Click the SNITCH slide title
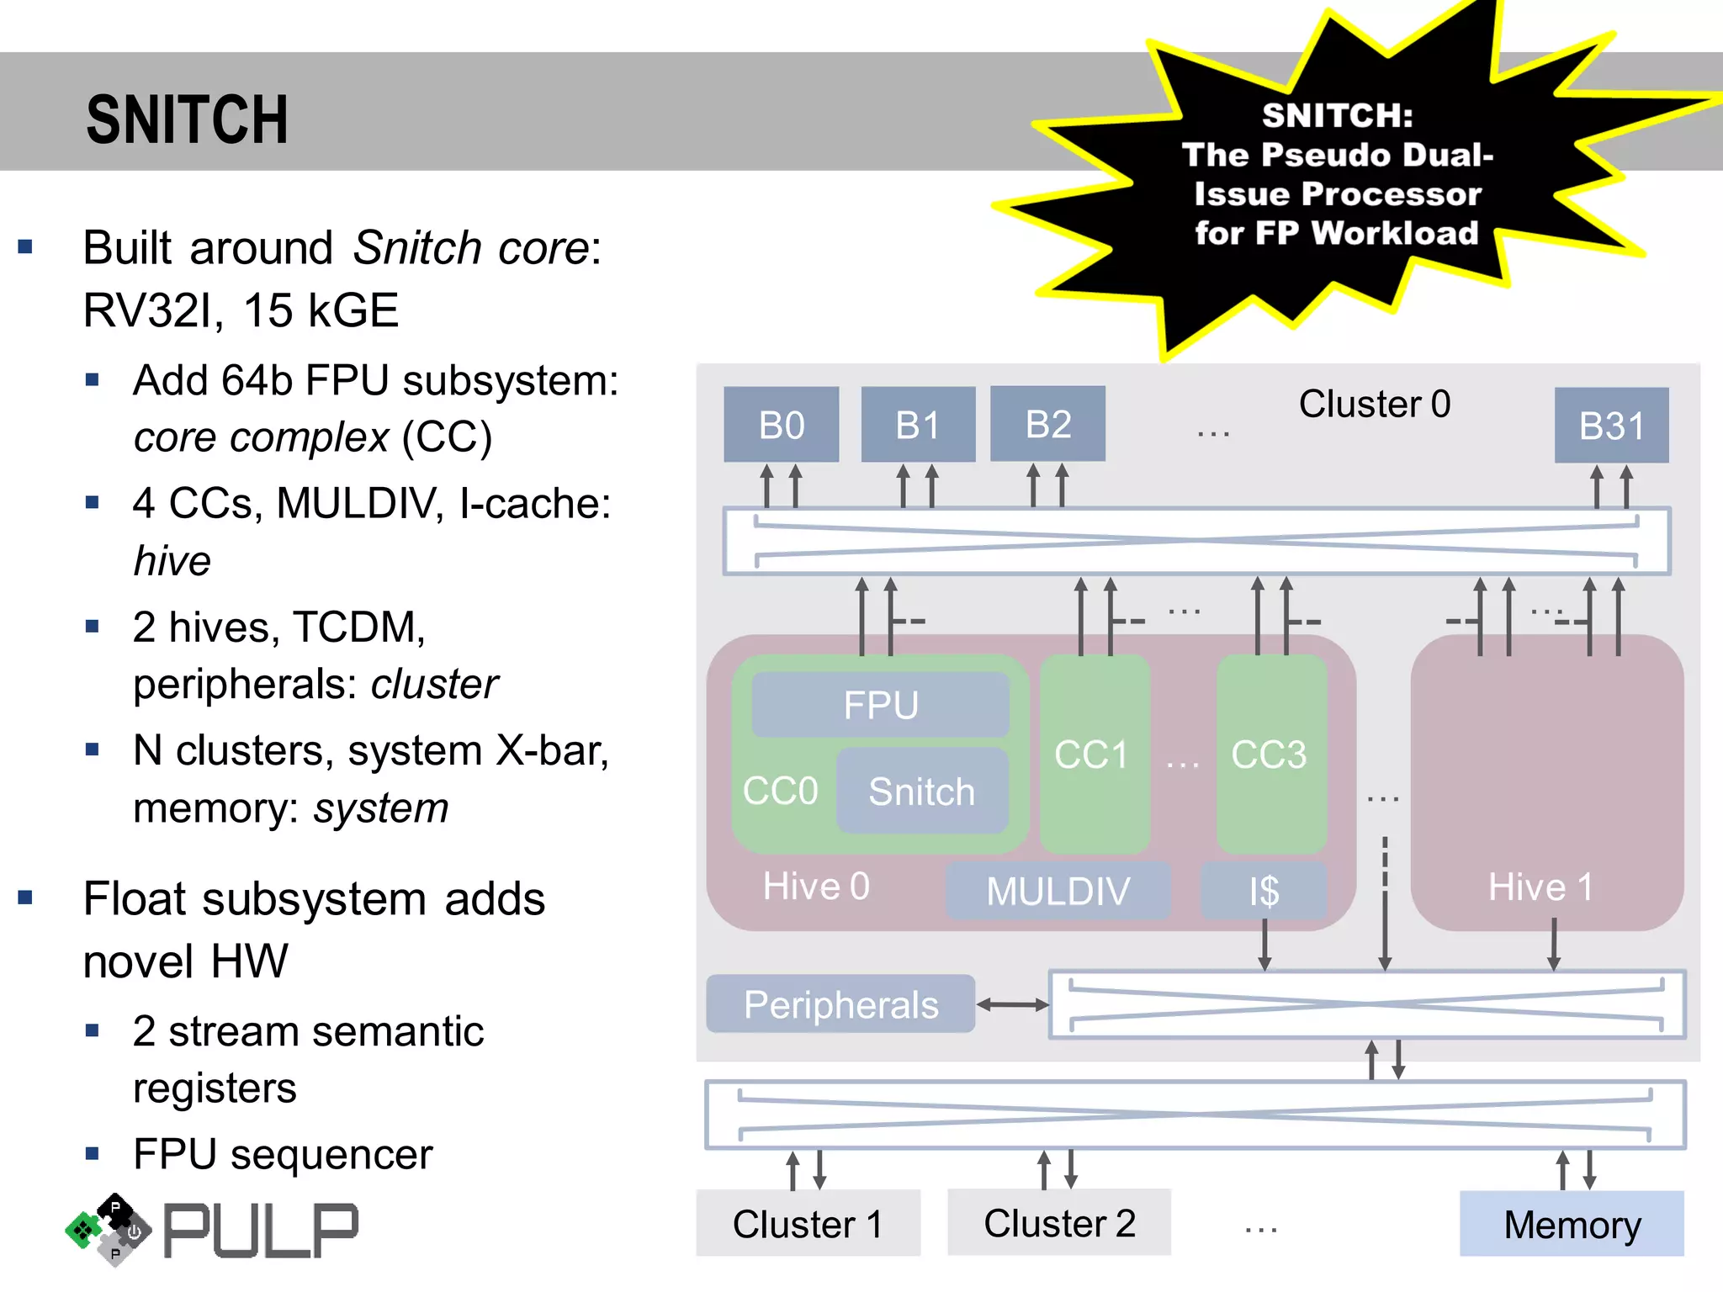coord(187,119)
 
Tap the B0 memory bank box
coord(781,425)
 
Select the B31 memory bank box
coord(1611,426)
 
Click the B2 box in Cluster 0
coord(1047,424)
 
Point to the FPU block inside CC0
coord(880,705)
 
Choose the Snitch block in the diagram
coord(922,792)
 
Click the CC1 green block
coord(1093,755)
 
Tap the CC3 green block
coord(1270,755)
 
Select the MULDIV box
coord(1058,891)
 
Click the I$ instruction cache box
coord(1264,891)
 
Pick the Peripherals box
coord(840,1004)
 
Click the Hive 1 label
coord(1540,887)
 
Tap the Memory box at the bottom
coord(1572,1224)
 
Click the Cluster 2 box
coord(1059,1223)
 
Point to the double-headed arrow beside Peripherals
coord(1013,1004)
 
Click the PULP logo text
coord(261,1231)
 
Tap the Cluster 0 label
coord(1375,404)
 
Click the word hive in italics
coord(172,561)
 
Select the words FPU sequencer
coord(283,1154)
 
